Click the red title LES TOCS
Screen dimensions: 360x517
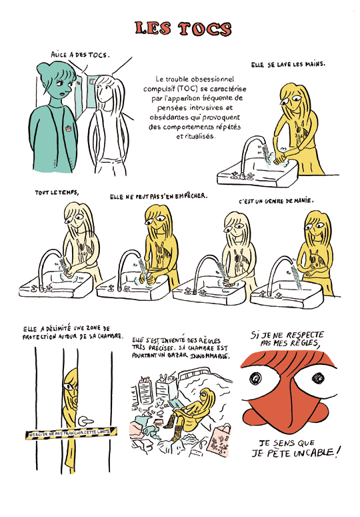pos(183,29)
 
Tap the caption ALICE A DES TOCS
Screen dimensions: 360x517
pos(79,55)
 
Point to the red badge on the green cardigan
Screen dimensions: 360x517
pos(68,127)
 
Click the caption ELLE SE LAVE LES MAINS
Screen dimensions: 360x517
pos(288,65)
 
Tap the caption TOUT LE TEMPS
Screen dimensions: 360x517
pos(57,193)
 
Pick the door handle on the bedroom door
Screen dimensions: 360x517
pos(85,421)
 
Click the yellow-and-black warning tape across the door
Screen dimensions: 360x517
pos(71,432)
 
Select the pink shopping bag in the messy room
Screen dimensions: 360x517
pos(219,440)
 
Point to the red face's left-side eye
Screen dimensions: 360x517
pos(255,378)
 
